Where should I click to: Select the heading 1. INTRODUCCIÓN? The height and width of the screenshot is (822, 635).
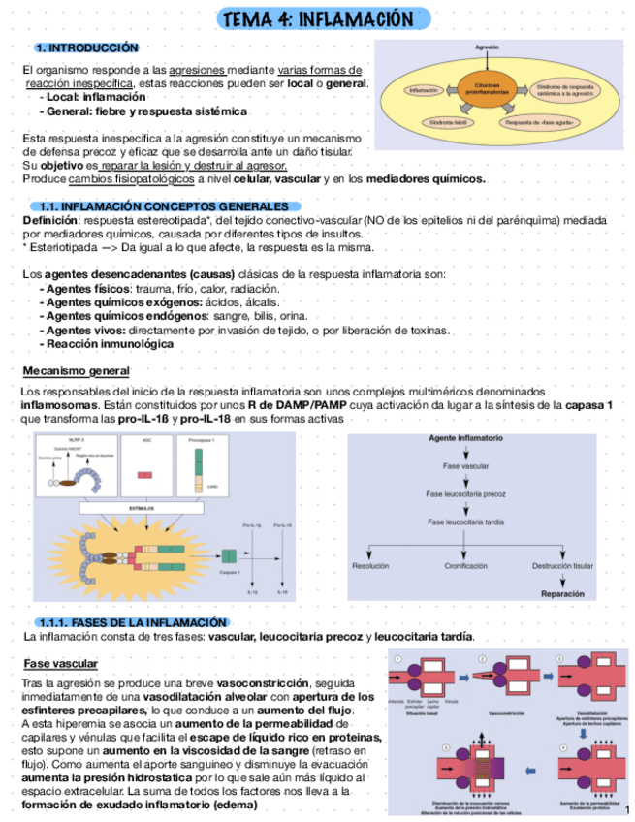coord(86,47)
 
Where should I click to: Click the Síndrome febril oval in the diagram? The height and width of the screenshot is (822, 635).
coord(447,122)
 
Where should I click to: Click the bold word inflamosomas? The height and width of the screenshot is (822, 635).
coord(59,404)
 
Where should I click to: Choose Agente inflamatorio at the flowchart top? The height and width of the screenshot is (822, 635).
coord(465,439)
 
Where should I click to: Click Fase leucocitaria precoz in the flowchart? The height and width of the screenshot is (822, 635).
coord(465,494)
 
